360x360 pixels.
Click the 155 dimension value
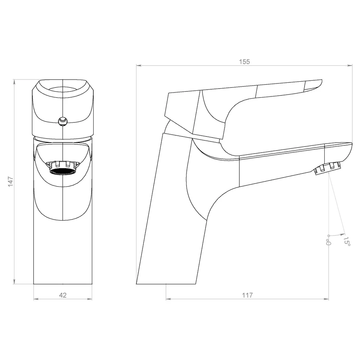pyautogui.click(x=244, y=62)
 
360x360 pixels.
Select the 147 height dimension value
pyautogui.click(x=10, y=181)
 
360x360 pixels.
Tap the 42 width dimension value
pyautogui.click(x=63, y=295)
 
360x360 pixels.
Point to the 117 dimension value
pyautogui.click(x=247, y=295)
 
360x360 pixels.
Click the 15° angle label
pyautogui.click(x=347, y=241)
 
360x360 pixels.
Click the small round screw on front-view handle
pyautogui.click(x=63, y=121)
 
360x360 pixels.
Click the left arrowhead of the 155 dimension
pyautogui.click(x=139, y=66)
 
